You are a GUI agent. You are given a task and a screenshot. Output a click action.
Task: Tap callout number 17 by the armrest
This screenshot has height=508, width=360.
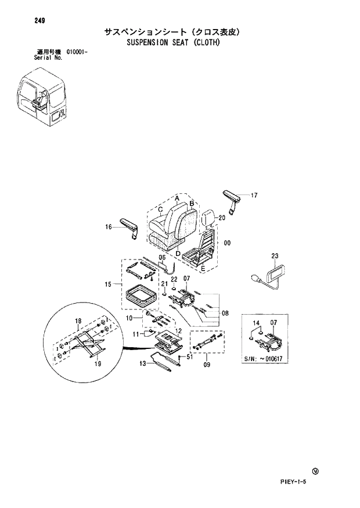pos(254,196)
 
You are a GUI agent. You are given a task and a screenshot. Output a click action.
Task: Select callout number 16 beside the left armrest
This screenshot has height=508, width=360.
pos(108,227)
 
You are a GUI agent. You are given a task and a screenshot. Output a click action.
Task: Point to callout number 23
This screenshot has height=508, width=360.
pos(275,255)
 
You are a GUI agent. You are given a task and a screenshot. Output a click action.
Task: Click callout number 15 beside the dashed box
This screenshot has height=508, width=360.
pos(108,284)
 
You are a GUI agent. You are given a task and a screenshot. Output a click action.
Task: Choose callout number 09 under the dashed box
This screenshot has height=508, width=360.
pos(206,365)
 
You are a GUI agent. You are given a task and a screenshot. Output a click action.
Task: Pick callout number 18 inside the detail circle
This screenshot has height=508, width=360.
pos(78,321)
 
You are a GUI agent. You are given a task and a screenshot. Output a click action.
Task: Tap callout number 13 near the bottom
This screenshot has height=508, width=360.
pos(142,364)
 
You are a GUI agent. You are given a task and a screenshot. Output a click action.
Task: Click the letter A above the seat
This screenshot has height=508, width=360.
pos(176,199)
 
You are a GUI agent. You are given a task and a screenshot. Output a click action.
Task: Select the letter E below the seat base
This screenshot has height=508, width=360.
pos(202,269)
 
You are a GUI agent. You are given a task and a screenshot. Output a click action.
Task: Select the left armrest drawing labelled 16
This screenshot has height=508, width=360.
pos(130,228)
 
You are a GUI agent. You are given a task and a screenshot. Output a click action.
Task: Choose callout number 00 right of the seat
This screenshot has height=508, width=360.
pos(228,243)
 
